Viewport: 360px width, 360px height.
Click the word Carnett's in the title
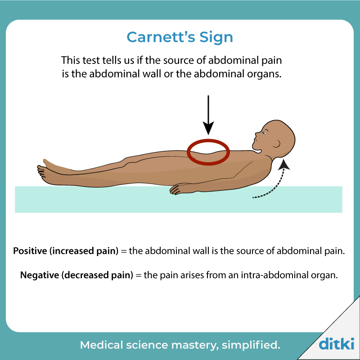161,37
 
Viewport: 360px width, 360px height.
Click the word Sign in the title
216,38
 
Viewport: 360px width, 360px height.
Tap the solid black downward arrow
208,115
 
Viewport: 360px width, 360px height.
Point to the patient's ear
277,144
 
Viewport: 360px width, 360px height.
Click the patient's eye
264,133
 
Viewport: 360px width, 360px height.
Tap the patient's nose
256,135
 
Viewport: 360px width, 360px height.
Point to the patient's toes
41,171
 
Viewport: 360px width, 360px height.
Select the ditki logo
336,343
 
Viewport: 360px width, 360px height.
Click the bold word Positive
30,251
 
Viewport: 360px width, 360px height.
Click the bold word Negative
40,275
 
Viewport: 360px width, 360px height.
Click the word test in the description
91,60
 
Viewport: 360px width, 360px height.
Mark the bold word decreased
87,275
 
